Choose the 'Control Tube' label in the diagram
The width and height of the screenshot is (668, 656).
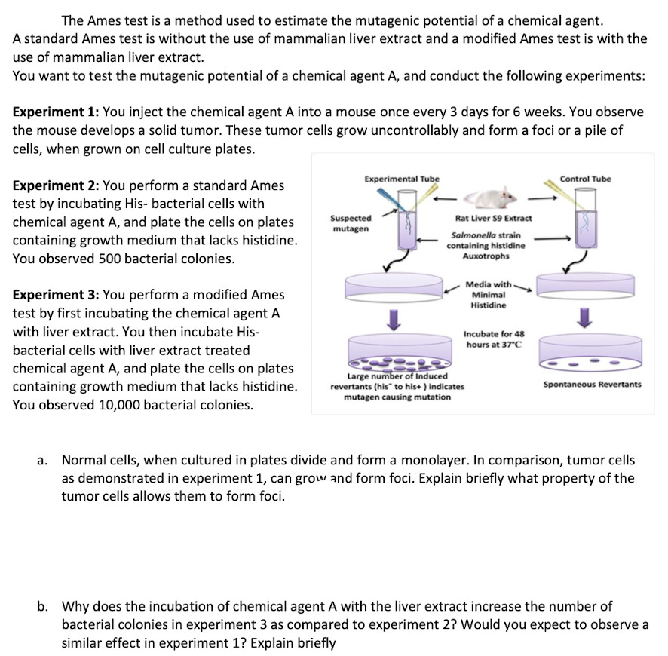586,179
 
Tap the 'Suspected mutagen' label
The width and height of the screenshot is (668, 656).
351,222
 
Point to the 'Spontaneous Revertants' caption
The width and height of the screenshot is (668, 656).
592,385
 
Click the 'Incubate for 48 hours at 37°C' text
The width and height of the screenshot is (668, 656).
494,339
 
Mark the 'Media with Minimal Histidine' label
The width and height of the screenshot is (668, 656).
489,295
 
